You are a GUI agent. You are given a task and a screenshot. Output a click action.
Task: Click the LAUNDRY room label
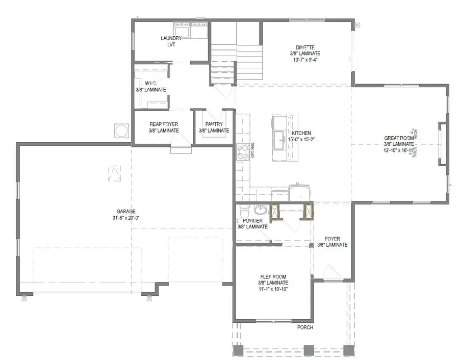pyautogui.click(x=171, y=38)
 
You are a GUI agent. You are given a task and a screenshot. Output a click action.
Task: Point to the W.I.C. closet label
pyautogui.click(x=150, y=83)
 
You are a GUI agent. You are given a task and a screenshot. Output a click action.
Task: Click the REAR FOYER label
pyautogui.click(x=163, y=124)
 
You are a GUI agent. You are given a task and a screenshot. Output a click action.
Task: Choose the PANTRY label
pyautogui.click(x=214, y=124)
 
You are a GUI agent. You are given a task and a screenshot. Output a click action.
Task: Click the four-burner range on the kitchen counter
pyautogui.click(x=242, y=151)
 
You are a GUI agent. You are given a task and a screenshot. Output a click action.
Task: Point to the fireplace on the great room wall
pyautogui.click(x=442, y=144)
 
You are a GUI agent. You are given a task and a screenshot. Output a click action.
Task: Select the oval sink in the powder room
pyautogui.click(x=260, y=209)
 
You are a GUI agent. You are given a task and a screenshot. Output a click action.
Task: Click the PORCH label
pyautogui.click(x=305, y=327)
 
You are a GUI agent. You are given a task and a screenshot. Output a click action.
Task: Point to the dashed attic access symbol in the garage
pyautogui.click(x=115, y=173)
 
